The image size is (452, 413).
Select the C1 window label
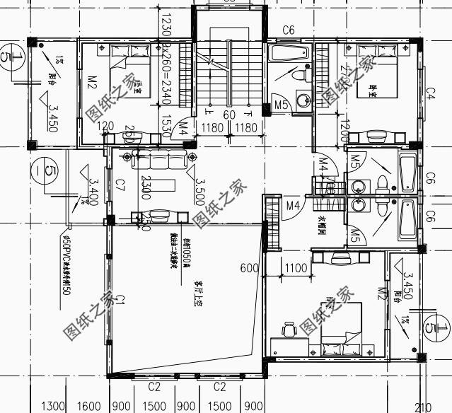(120, 302)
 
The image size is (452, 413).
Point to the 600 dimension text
(248, 269)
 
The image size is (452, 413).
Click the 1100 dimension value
(296, 269)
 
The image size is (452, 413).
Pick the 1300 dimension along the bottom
(54, 407)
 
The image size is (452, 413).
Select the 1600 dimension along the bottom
(89, 407)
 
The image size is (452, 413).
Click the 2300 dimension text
(145, 187)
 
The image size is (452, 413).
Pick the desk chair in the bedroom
(288, 330)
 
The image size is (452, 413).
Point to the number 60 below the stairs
(228, 115)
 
